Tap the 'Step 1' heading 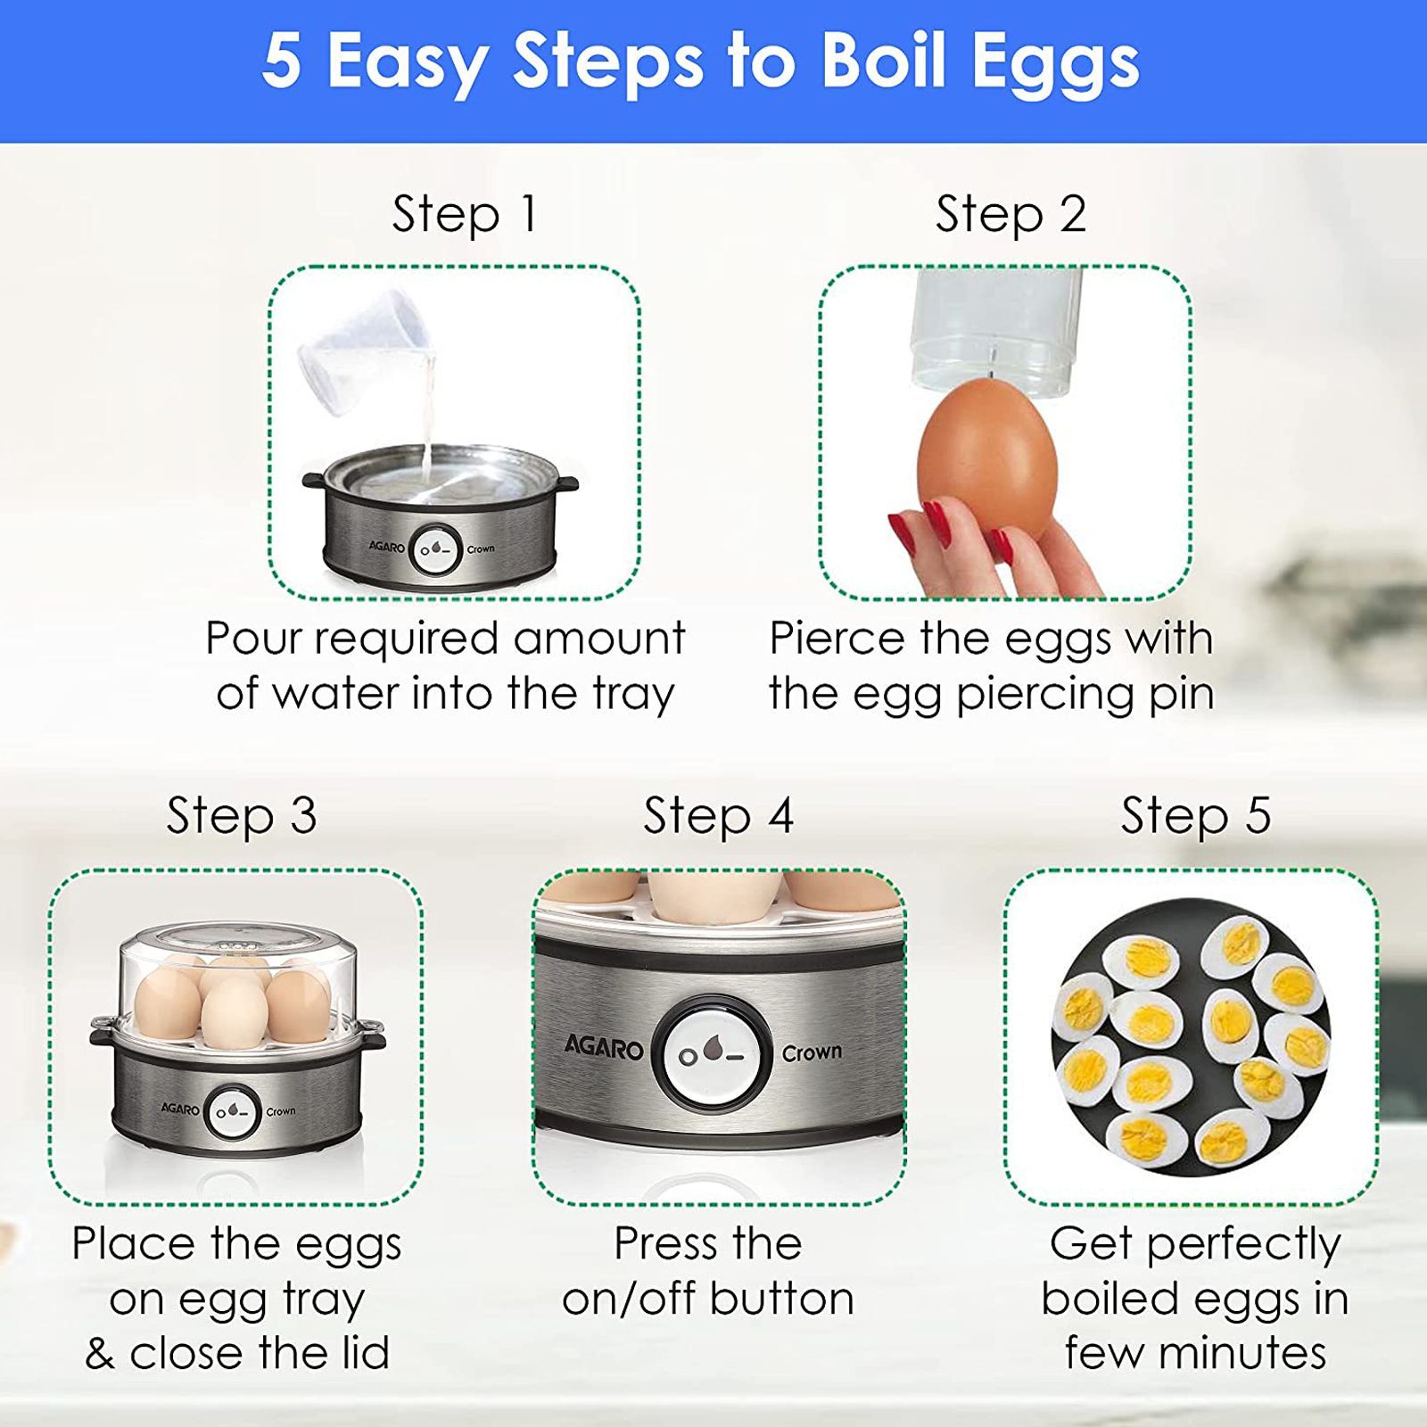(465, 215)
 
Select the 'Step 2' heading (1010, 215)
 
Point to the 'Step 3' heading (242, 816)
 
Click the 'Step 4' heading (718, 816)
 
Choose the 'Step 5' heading (1195, 816)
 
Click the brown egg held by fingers (987, 459)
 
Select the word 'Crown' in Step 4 (812, 1053)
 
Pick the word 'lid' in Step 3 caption (366, 1353)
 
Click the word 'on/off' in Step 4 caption (629, 1299)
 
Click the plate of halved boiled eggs (1191, 1035)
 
